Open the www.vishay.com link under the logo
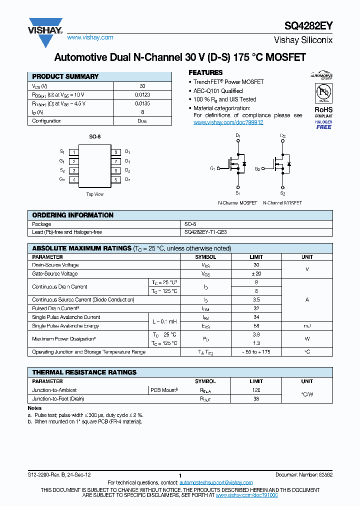(90, 37)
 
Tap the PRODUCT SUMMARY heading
(65, 76)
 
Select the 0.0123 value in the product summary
(142, 94)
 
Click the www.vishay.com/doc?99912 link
(228, 122)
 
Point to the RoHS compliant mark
(323, 111)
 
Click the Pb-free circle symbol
(323, 92)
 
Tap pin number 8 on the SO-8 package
(115, 152)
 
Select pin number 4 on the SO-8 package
(74, 179)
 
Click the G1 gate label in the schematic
(212, 168)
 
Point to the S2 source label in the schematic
(282, 193)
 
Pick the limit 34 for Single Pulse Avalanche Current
(256, 317)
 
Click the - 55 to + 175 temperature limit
(256, 352)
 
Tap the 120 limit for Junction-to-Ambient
(256, 390)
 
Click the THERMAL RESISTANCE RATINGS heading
(84, 372)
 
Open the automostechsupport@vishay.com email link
(216, 482)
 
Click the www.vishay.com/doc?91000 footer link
(247, 494)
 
